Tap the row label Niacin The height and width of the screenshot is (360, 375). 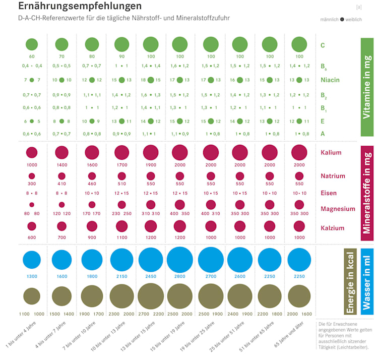330,80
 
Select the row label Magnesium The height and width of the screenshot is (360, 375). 338,209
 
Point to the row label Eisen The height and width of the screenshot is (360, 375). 329,193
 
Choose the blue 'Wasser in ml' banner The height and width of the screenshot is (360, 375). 367,281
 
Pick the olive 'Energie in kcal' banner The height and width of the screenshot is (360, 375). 350,281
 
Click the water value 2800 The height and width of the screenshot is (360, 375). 180,277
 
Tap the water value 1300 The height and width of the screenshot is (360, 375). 32,277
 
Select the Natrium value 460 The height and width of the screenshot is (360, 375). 92,185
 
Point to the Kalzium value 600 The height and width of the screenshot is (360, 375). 32,237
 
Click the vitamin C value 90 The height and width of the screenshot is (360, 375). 121,56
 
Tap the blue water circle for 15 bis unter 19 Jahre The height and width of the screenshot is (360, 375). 180,260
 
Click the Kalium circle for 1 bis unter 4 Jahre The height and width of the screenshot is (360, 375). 32,152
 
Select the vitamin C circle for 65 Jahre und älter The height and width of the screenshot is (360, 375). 299,44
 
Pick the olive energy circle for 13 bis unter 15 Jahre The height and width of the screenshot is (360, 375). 151,296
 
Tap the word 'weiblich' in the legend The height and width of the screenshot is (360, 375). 354,19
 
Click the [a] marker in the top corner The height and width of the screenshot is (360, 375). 358,7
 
